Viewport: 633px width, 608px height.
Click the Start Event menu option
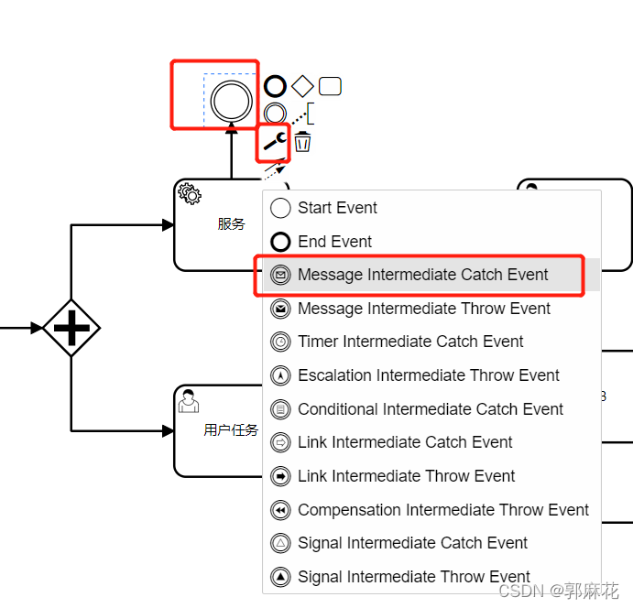(x=337, y=208)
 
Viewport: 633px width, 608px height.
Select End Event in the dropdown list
(x=334, y=242)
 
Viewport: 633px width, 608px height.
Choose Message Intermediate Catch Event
(x=422, y=275)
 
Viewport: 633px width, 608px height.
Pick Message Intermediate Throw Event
(x=423, y=309)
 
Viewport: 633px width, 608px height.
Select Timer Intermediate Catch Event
(x=410, y=342)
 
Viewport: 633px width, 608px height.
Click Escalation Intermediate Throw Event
(x=428, y=375)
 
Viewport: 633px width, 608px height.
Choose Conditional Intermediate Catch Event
(x=430, y=409)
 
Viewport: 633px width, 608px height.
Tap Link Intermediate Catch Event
(x=405, y=442)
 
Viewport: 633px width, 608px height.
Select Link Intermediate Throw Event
(x=406, y=476)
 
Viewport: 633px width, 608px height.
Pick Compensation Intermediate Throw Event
(x=442, y=510)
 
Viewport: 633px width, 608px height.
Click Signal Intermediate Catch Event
(x=412, y=543)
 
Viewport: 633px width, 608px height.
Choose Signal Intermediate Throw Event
(x=413, y=577)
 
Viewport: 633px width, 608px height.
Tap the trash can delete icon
(x=302, y=142)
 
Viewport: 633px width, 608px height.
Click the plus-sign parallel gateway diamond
(x=71, y=327)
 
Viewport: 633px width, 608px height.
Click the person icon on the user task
(x=189, y=401)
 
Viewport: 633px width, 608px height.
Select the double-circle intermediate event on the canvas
(x=231, y=100)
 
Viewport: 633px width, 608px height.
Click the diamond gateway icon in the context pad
(x=302, y=86)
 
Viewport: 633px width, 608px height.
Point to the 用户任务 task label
(x=231, y=429)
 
